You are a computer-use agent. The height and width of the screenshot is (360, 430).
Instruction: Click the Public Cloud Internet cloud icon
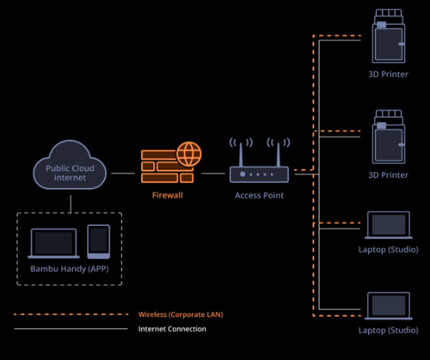coord(70,165)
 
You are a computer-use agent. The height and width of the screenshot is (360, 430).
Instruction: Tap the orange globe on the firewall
coord(189,154)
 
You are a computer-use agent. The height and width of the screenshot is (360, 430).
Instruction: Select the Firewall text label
coord(168,195)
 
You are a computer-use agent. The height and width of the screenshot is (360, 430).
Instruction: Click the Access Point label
coord(259,195)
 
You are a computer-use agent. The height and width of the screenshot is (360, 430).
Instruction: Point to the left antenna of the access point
coord(241,154)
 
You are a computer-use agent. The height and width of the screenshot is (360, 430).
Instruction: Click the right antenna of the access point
coord(278,154)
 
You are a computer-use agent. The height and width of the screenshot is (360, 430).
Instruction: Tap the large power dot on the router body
coord(243,174)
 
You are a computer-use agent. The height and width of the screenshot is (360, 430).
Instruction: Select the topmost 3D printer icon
coord(389,36)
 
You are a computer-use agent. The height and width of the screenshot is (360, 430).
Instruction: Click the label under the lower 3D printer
coord(388,175)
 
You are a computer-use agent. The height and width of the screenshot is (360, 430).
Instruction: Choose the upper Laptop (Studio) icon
coord(389,225)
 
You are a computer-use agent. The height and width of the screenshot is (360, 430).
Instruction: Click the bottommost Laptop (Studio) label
coord(389,330)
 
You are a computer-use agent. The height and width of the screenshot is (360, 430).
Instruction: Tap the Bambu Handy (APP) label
coord(70,269)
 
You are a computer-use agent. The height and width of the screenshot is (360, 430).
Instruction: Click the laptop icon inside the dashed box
coord(53,243)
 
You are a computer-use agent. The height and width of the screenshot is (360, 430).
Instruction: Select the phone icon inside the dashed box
coord(99,241)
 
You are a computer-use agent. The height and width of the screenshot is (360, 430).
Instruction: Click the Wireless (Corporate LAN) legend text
coord(181,314)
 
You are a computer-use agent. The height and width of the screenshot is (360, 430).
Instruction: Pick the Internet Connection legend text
coord(172,329)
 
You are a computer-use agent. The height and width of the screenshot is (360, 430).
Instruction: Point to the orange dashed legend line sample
coord(71,314)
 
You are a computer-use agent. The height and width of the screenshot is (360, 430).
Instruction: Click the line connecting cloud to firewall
coord(123,174)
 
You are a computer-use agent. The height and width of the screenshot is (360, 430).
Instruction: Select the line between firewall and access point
coord(213,174)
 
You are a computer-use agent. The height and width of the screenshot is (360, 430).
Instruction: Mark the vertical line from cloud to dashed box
coord(71,204)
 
